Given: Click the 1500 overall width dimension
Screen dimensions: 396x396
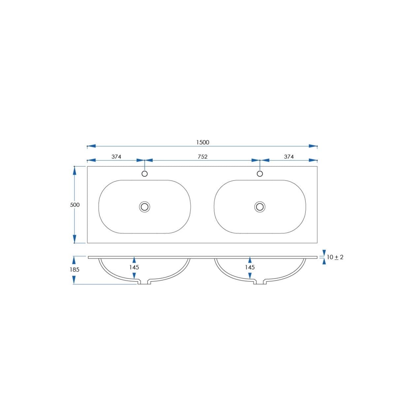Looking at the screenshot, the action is [x=203, y=143].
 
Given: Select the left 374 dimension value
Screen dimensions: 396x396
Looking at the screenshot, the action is [x=116, y=157].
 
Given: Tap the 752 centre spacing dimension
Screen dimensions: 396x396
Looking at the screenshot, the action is [x=203, y=157].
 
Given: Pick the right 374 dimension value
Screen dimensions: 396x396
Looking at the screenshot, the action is [x=289, y=157].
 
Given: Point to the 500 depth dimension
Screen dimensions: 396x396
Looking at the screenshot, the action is [x=75, y=205].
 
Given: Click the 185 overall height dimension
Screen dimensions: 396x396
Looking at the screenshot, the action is [x=74, y=269].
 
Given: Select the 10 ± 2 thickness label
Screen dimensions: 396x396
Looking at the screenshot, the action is [x=335, y=257].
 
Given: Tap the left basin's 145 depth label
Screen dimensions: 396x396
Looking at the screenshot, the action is [x=134, y=267].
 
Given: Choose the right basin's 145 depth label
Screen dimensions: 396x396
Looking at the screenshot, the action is [x=250, y=267].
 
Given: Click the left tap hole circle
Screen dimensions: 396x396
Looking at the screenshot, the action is [x=145, y=174].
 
